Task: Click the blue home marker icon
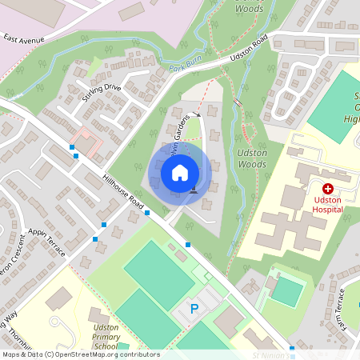point(180,172)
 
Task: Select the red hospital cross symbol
point(328,186)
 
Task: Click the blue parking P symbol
point(193,308)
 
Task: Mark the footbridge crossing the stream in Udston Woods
point(238,102)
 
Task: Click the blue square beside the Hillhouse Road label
point(148,212)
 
